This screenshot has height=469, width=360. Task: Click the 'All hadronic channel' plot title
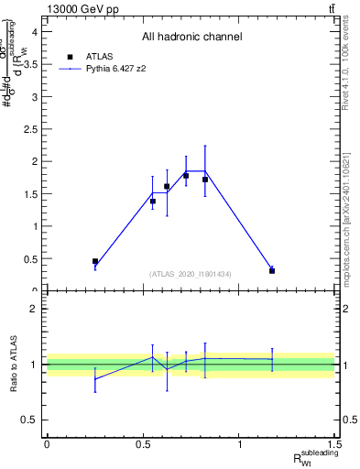191,37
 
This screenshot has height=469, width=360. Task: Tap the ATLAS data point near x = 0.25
95,261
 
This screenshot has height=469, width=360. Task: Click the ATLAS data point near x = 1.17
272,270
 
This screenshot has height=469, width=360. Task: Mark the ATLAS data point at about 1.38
153,202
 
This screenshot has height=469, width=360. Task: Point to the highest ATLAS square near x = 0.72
186,175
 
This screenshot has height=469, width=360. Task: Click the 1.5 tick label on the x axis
335,443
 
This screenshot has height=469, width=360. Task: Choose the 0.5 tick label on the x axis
143,443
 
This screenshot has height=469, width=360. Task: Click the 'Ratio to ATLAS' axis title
13,364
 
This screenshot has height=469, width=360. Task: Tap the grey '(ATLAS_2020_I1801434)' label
191,274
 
